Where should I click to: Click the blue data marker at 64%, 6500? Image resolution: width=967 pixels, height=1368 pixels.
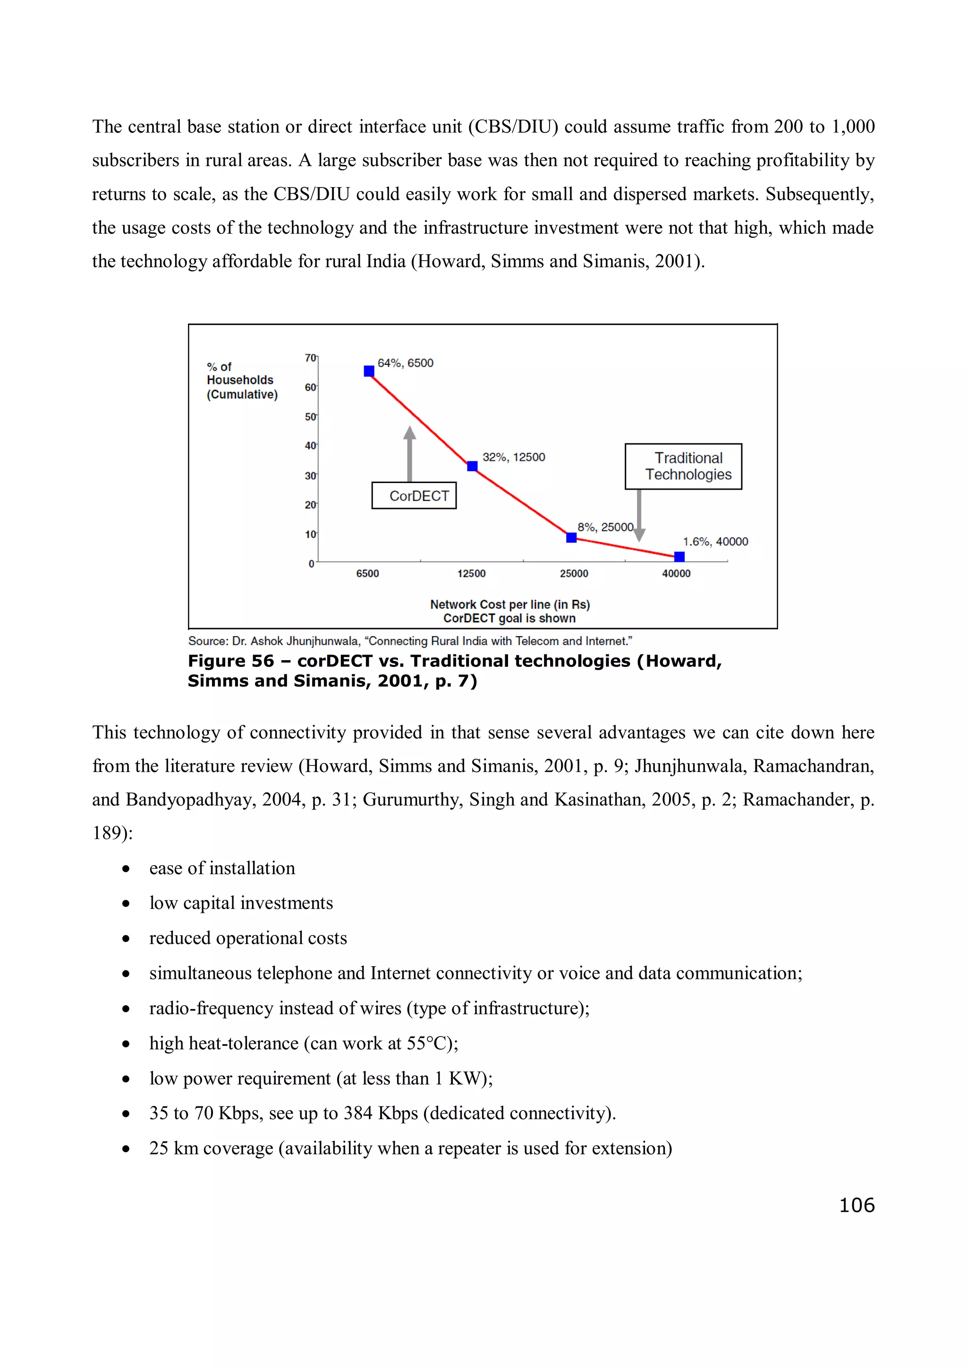coord(369,371)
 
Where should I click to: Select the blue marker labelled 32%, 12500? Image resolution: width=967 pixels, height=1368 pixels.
coord(472,466)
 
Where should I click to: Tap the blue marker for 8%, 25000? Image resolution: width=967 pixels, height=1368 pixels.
coord(571,537)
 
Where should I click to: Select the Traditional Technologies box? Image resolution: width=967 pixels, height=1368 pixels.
coord(683,467)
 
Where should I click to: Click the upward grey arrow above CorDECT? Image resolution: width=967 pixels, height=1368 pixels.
coord(409,453)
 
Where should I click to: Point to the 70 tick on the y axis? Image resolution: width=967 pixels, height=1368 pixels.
coord(310,357)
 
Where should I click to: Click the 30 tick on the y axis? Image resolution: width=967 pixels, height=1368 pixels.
coord(310,476)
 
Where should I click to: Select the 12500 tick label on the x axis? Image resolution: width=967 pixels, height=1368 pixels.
coord(471,573)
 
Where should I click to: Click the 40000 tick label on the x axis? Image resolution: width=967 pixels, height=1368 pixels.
coord(676,573)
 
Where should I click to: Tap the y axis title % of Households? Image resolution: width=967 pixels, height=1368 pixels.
coord(241,380)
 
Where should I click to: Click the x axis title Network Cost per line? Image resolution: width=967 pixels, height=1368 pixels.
coord(510,604)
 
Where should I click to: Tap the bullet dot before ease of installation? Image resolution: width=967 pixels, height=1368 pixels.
coord(126,869)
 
